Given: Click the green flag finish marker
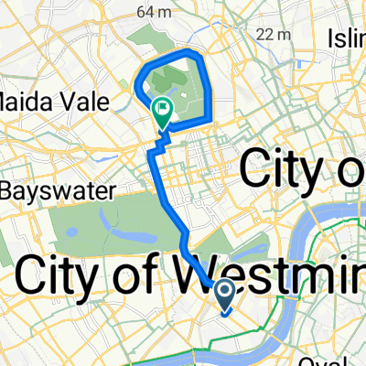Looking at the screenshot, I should [163, 110].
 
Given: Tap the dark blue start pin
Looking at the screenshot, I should [225, 294].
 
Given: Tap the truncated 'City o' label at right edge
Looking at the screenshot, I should [302, 169].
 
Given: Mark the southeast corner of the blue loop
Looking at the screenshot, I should [212, 117].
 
